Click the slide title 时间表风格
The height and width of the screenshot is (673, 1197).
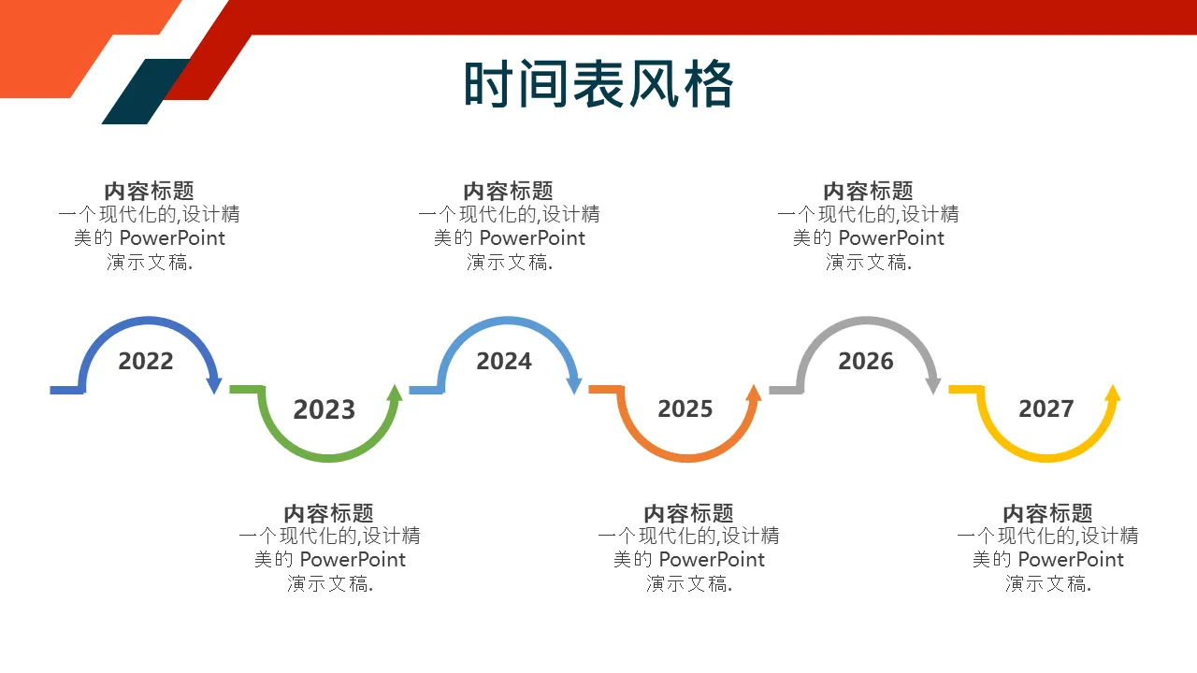coord(598,84)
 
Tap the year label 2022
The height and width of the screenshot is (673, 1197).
coord(146,361)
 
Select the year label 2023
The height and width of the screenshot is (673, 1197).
coord(324,409)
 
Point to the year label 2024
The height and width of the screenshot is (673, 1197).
coord(504,361)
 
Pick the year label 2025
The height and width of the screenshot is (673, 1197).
coord(685,408)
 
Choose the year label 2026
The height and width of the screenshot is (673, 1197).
coord(866,361)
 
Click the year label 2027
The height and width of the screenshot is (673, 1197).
coord(1046,408)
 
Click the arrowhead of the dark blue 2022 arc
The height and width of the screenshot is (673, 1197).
coord(214,385)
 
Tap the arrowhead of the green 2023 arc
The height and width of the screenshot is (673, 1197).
coord(395,394)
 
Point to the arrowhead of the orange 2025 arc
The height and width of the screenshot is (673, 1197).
coord(754,394)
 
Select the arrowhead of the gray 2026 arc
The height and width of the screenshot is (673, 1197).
coord(933,385)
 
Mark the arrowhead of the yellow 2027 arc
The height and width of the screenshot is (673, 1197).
coord(1113,394)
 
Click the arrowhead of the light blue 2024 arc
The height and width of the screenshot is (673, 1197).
coord(574,385)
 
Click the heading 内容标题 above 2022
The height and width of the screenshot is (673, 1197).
coord(149,191)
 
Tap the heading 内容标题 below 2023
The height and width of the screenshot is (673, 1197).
coord(328,513)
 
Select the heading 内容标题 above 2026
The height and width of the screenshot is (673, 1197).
coord(869,191)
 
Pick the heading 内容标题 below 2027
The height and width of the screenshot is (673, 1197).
coord(1048,513)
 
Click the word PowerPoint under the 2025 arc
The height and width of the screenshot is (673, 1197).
coord(712,560)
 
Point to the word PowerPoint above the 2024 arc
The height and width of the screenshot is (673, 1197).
coord(532,238)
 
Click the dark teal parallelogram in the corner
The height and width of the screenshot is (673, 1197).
coord(145,92)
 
